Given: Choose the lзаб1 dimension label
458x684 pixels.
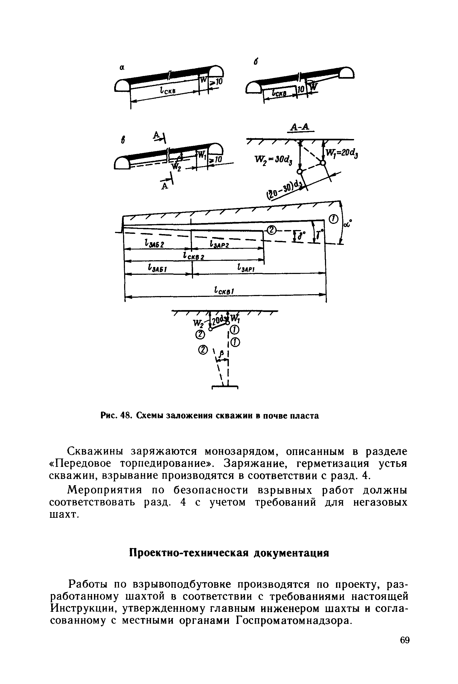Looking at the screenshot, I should pos(157,267).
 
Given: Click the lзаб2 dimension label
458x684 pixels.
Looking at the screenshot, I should pos(155,243).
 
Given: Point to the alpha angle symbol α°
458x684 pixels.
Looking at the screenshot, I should pos(348,224).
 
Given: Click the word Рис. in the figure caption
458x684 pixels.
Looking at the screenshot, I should pos(109,415).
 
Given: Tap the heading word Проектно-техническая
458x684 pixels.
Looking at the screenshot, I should pos(189,553).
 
